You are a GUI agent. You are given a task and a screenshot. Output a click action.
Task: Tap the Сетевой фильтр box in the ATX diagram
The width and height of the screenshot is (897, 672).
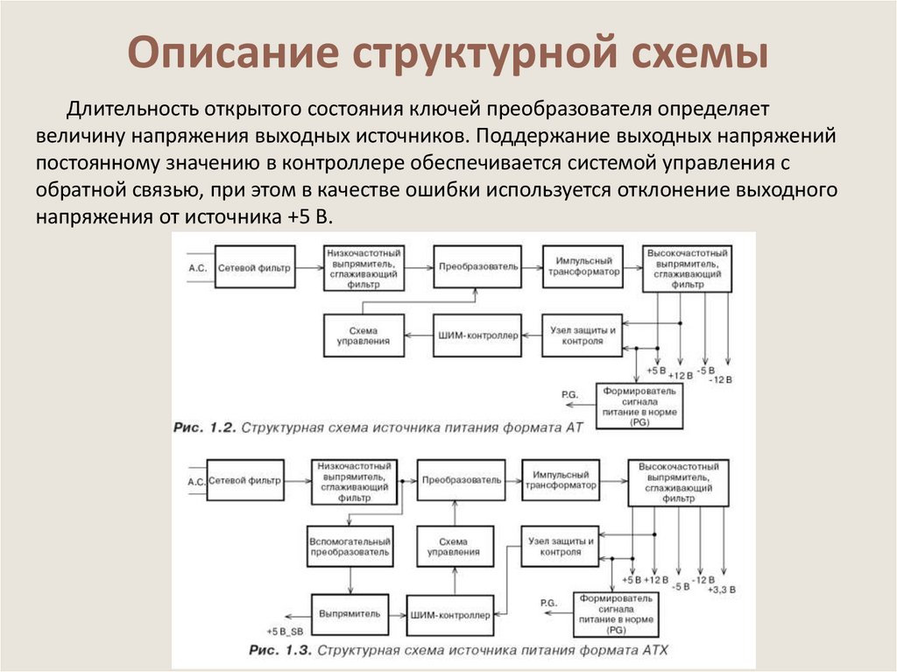(x=248, y=481)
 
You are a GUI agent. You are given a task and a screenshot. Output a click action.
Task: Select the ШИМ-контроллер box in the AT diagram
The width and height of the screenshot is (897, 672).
(x=477, y=336)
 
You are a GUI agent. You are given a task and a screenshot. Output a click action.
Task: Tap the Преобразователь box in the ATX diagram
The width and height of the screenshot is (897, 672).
(x=462, y=480)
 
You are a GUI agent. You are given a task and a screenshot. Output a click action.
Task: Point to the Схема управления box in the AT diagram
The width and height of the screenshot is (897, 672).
(x=363, y=336)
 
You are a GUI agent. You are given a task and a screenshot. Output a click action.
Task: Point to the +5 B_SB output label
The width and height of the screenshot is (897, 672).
(x=285, y=632)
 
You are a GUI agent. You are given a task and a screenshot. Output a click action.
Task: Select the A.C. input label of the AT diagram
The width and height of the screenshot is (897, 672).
(x=198, y=267)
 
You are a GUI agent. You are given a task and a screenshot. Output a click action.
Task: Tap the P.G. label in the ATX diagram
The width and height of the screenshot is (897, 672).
(x=549, y=603)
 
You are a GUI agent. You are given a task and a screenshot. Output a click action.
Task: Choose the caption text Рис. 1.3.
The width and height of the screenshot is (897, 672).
(x=280, y=651)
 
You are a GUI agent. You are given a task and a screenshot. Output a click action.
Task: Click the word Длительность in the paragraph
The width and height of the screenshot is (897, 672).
(x=132, y=111)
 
